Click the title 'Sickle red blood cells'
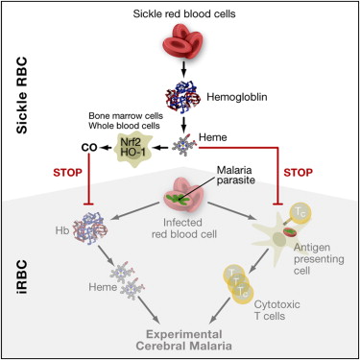tap(184, 13)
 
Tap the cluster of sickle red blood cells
tap(183, 41)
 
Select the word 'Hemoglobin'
tap(237, 97)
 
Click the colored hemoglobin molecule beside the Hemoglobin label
tap(183, 96)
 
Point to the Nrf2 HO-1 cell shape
tap(132, 147)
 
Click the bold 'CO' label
tap(89, 148)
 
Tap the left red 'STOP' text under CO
tap(67, 173)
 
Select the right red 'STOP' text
tap(298, 173)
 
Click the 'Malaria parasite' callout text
tap(236, 175)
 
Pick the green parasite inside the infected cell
tap(177, 199)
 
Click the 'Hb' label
tap(62, 230)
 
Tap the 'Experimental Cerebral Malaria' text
tap(183, 340)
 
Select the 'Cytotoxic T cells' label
tap(277, 310)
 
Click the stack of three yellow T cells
tap(237, 282)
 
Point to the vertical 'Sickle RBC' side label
tap(22, 95)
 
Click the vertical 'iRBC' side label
tap(23, 276)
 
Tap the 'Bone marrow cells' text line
tap(126, 115)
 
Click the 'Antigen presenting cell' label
tap(319, 259)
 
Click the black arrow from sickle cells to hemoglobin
tap(183, 69)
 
